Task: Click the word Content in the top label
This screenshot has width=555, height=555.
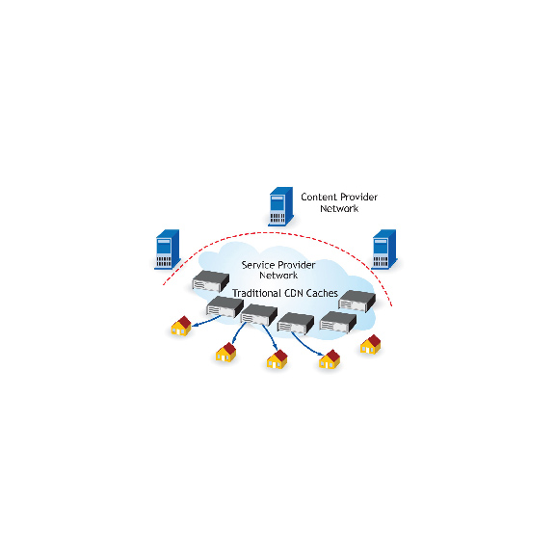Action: (319, 197)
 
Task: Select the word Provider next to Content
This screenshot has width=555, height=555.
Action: (358, 197)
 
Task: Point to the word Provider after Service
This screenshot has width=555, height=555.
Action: (297, 265)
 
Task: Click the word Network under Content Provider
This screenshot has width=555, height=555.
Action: (339, 208)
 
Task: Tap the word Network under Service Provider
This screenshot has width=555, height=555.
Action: (278, 275)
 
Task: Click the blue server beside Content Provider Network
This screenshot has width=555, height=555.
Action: (281, 206)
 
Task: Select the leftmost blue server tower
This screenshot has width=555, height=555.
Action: (168, 250)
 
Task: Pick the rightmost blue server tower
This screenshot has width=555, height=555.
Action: (384, 250)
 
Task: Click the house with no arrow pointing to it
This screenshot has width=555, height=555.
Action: (371, 344)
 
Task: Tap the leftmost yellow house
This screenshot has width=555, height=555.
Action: (181, 326)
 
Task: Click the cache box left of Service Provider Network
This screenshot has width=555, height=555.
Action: (211, 281)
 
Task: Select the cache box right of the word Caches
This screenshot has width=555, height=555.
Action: (357, 302)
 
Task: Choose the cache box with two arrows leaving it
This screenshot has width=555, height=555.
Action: (259, 315)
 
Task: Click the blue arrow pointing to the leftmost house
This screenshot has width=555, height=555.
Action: (206, 321)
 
